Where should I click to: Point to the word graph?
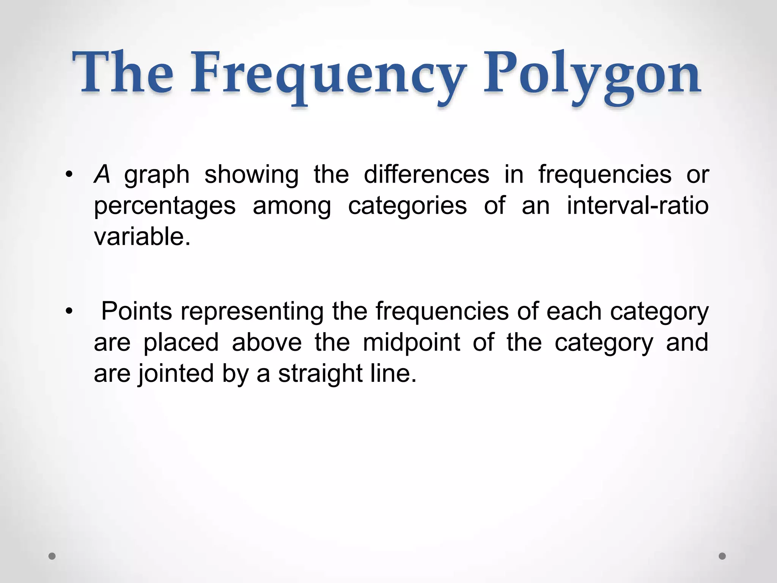click(157, 176)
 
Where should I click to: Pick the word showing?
click(251, 176)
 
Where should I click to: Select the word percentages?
click(165, 207)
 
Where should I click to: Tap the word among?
click(292, 207)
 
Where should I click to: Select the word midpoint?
click(411, 343)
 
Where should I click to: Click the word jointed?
click(176, 374)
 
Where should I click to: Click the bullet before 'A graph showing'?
click(68, 175)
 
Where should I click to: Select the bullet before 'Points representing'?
click(68, 312)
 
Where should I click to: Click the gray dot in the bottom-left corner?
click(52, 556)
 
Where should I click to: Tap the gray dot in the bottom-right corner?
click(722, 556)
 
